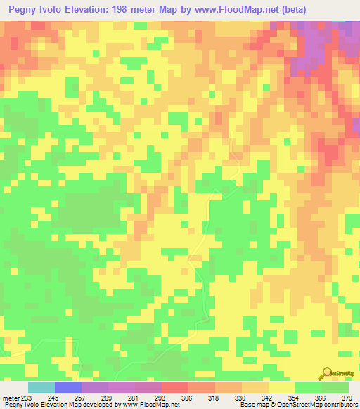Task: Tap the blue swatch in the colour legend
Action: (x=68, y=387)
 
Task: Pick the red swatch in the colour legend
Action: (x=175, y=387)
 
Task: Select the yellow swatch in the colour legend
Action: (x=282, y=387)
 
